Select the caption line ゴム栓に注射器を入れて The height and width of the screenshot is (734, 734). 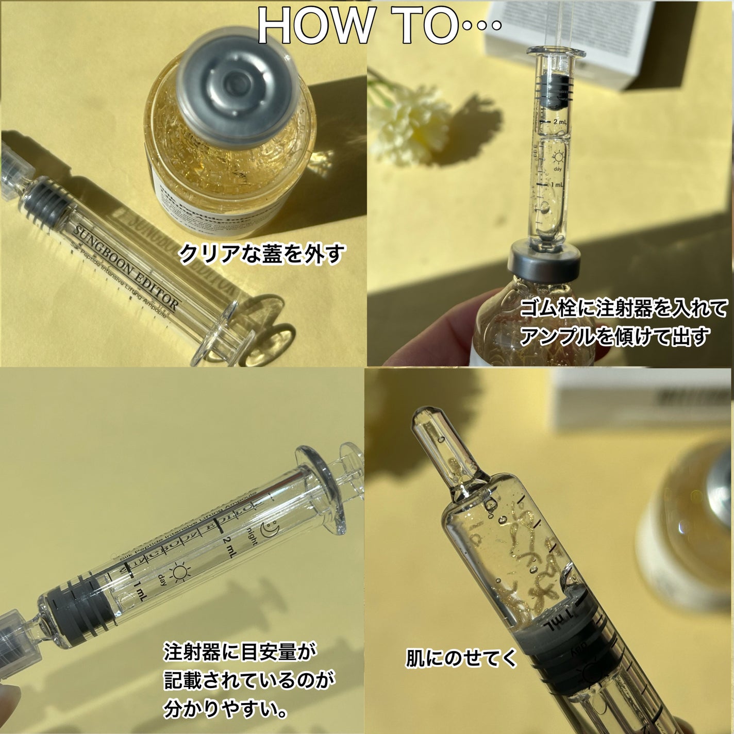tap(624, 309)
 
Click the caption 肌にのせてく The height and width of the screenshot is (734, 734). tap(461, 658)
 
